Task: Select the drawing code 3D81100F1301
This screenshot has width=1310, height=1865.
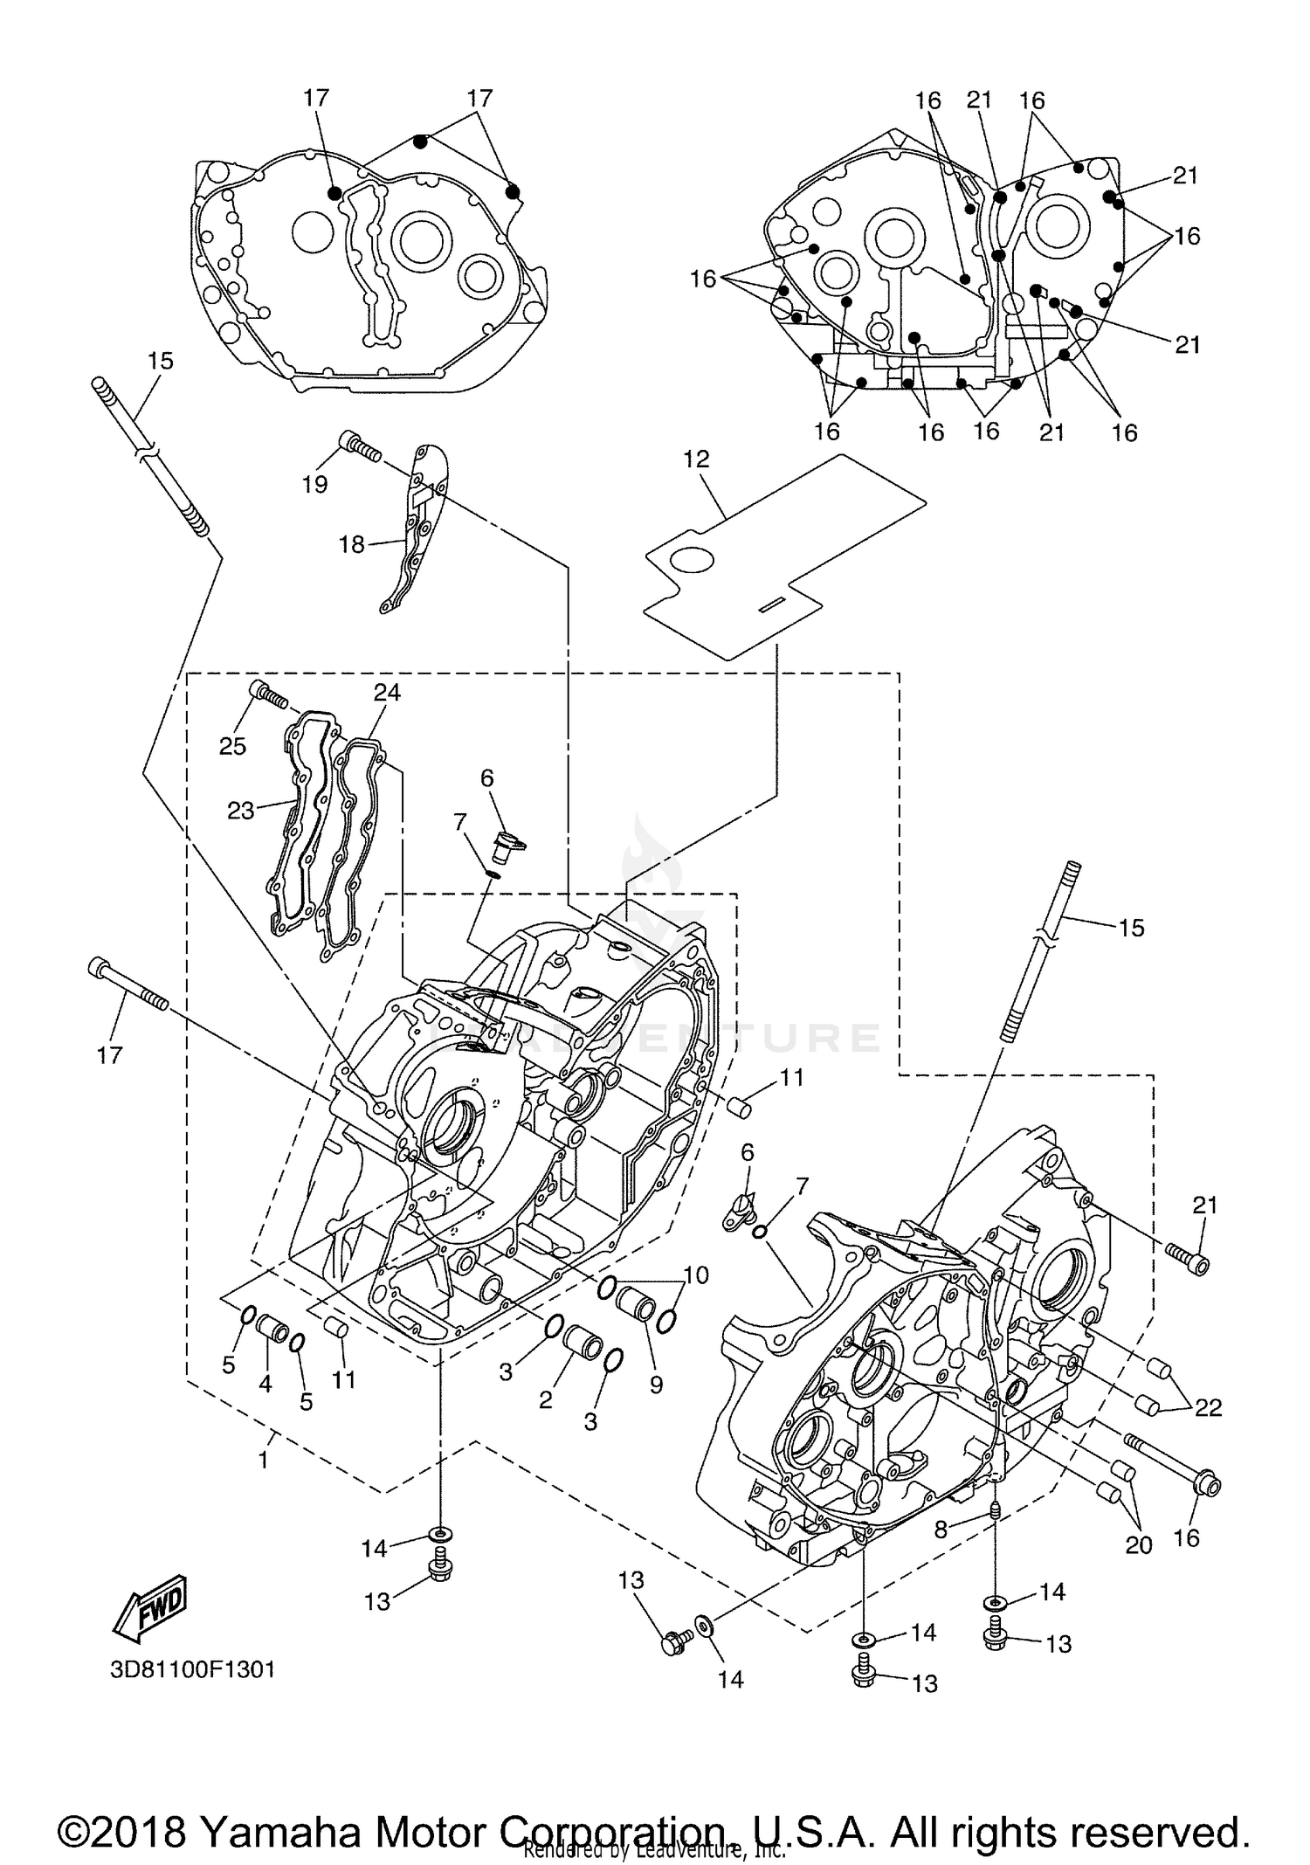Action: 192,1669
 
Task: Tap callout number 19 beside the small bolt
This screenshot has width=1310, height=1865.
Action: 314,483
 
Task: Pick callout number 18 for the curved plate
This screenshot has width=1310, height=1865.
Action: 351,544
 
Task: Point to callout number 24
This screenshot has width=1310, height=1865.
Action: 387,692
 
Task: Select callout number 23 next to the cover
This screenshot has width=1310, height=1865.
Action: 240,810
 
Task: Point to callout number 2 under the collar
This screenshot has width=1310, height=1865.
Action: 545,1400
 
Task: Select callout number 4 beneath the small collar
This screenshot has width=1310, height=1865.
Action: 265,1383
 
